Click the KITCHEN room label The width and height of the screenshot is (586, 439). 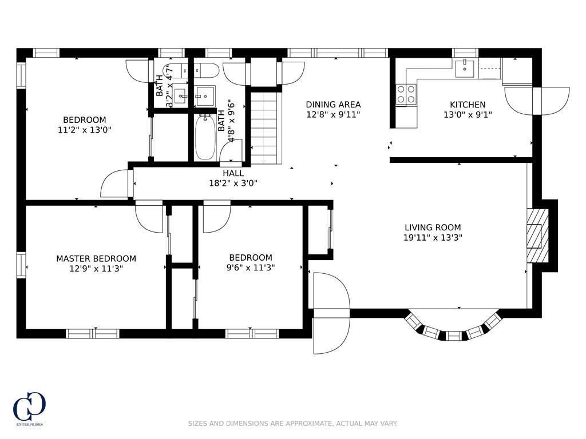click(468, 105)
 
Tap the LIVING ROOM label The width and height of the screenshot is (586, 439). click(433, 228)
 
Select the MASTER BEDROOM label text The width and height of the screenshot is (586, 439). click(96, 258)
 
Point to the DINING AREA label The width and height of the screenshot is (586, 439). click(333, 105)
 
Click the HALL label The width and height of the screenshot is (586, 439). click(233, 173)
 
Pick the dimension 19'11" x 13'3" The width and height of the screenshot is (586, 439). click(433, 237)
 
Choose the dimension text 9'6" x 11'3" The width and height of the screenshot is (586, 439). click(251, 268)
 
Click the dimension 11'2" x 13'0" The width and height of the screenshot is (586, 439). click(85, 130)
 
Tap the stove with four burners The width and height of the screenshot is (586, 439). click(406, 94)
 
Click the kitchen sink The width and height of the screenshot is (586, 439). click(465, 67)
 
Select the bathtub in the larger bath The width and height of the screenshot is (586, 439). click(205, 137)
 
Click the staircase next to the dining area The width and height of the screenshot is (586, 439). click(266, 127)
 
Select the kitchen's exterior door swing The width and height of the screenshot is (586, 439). click(537, 101)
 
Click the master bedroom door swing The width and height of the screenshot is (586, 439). click(149, 217)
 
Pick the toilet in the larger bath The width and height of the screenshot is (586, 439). click(206, 70)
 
